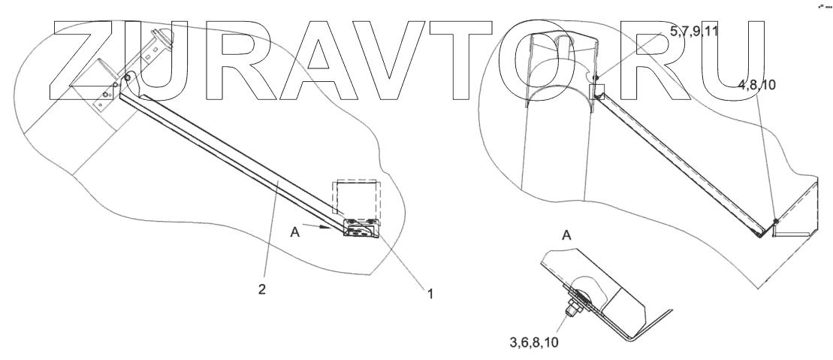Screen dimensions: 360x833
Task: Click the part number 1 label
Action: (x=430, y=295)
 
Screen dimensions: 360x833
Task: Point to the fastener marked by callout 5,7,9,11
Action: (x=594, y=77)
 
